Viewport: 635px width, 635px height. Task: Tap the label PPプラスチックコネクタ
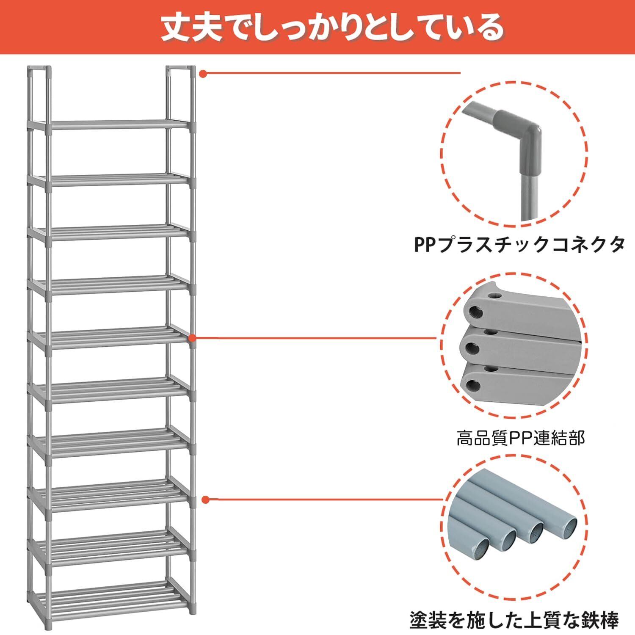(519, 245)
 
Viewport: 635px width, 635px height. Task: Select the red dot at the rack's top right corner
(203, 74)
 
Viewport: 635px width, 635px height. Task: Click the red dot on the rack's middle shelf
(192, 338)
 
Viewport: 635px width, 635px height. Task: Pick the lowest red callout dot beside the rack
(206, 500)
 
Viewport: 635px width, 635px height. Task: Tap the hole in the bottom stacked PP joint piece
(474, 384)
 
